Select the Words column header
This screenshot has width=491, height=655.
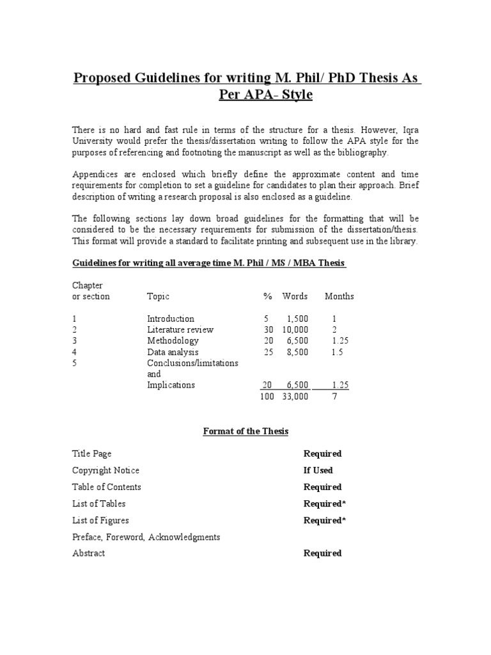[x=295, y=296]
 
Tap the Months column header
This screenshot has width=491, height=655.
[x=339, y=296]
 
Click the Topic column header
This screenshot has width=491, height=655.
[x=158, y=296]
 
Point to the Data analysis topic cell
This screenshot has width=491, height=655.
[x=173, y=352]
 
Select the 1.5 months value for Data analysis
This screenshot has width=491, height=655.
[x=338, y=352]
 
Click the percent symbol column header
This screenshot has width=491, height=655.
[x=267, y=296]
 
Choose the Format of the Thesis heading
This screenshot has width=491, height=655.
[x=245, y=431]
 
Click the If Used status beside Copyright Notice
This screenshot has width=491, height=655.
[x=318, y=470]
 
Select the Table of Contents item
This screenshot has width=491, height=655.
[x=107, y=487]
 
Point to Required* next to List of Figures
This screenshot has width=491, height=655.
[x=324, y=520]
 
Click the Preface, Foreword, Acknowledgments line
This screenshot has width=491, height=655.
[x=146, y=537]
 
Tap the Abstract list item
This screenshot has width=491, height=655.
[x=89, y=553]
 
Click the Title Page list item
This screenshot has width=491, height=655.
[x=91, y=454]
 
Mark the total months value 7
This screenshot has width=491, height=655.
[x=334, y=397]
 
